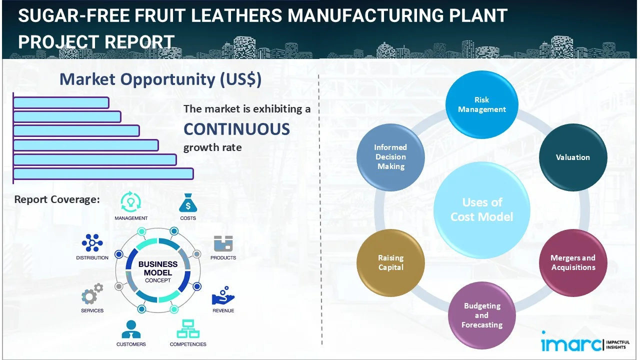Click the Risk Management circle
[x=481, y=104]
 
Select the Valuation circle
[x=572, y=157]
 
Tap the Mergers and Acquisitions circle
[x=572, y=262]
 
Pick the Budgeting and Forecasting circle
[x=481, y=315]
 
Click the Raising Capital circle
[x=390, y=262]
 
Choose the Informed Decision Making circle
[x=390, y=157]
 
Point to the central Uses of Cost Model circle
[x=481, y=209]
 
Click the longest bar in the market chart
[x=103, y=173]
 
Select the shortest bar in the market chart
[x=61, y=102]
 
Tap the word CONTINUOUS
[x=236, y=129]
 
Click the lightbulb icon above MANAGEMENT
[x=130, y=202]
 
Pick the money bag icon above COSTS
[x=188, y=202]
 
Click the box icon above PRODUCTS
[x=223, y=243]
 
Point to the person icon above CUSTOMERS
[x=131, y=329]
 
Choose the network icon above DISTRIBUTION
[x=92, y=243]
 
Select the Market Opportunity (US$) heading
[x=160, y=79]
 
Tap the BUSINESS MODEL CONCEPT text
[x=158, y=272]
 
